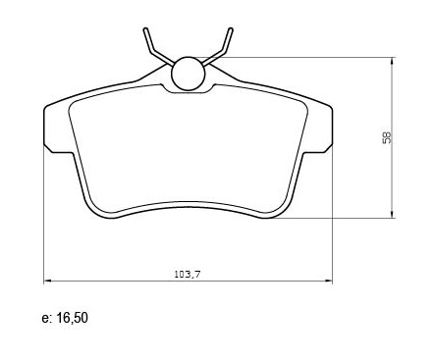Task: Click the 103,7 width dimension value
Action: (x=188, y=275)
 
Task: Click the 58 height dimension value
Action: (x=387, y=137)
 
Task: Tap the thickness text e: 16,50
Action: (x=65, y=318)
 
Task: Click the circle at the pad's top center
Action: (x=189, y=74)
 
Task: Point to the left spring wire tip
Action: (x=145, y=29)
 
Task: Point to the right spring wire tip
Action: (x=231, y=29)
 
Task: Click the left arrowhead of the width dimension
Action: (x=47, y=281)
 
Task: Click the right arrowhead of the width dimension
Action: (x=329, y=281)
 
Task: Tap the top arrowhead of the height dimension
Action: (x=392, y=61)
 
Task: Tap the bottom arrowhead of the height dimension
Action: (x=392, y=214)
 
